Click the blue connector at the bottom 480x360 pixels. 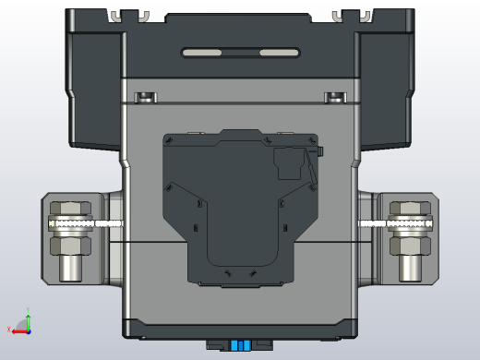point(240,345)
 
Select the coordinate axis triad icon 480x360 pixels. point(22,323)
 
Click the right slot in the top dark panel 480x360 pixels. point(280,53)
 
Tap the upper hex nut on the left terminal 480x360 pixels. point(68,210)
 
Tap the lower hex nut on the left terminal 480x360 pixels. point(69,245)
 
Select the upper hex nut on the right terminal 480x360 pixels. point(411,210)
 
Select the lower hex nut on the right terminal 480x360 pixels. point(410,245)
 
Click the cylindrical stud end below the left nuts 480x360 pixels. point(69,269)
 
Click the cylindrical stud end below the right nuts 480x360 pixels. point(410,269)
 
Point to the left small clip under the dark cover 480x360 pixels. point(146,97)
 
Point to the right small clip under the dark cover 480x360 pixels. point(333,97)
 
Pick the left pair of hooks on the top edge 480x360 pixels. point(129,16)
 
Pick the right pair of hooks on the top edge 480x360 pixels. point(352,16)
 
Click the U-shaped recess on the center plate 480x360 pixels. point(240,249)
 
